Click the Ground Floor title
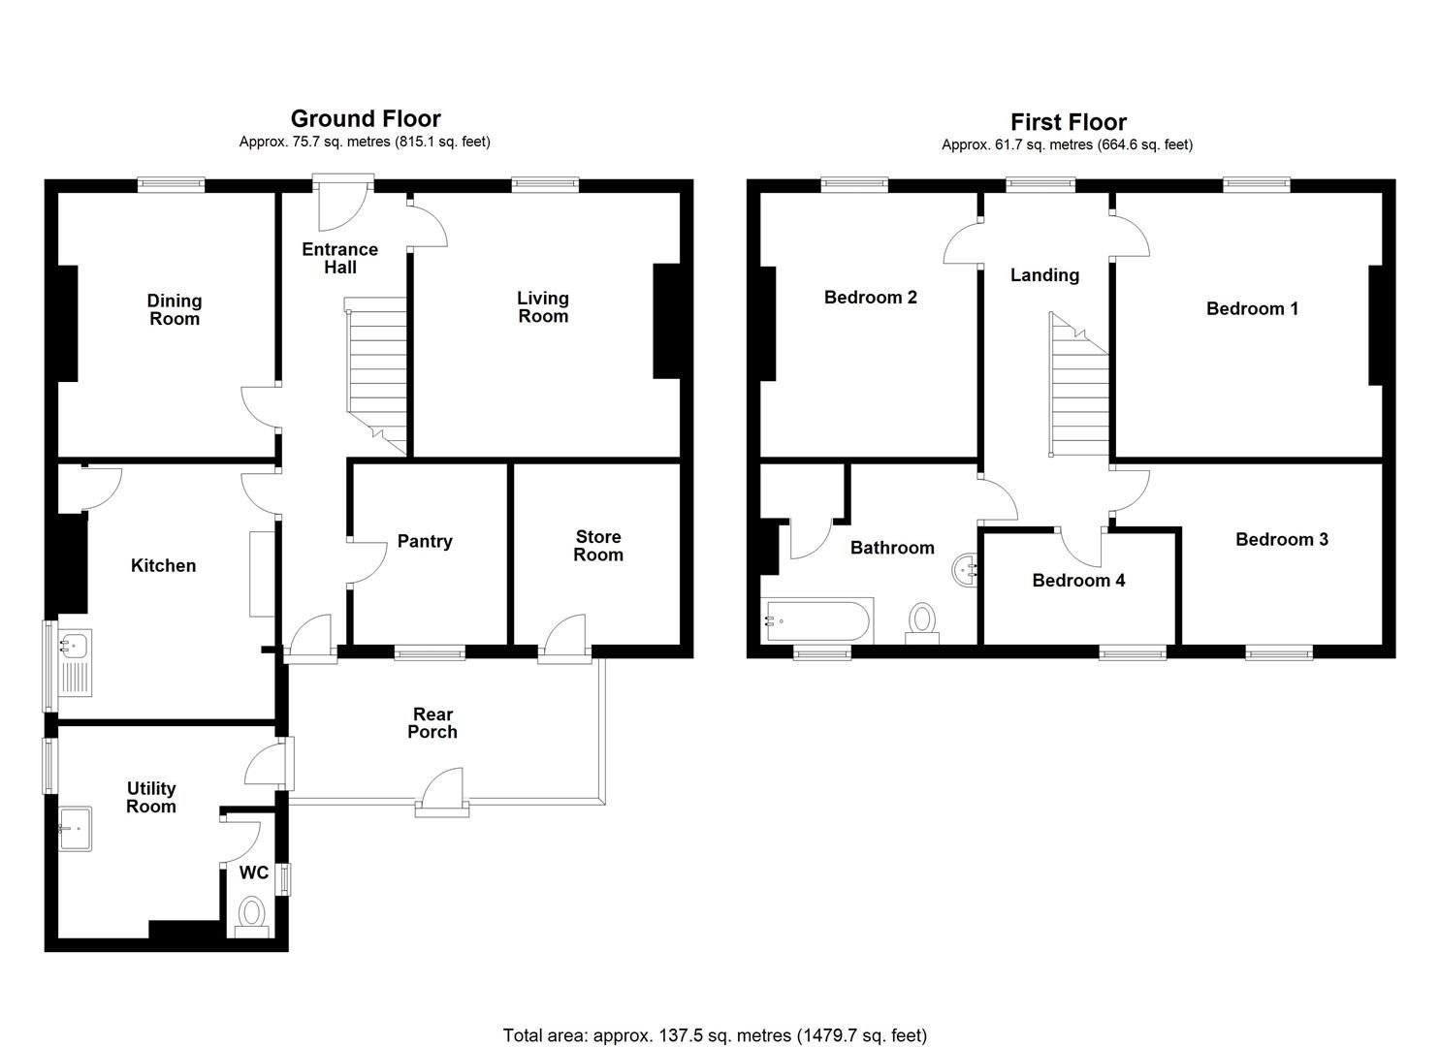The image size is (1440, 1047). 366,119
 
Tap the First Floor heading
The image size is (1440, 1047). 1068,122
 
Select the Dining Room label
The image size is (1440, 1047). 175,309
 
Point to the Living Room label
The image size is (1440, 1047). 542,307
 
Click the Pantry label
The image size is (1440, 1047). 425,541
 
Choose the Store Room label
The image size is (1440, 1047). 597,546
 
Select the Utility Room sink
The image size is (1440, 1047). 75,829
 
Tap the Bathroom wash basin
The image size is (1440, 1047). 967,570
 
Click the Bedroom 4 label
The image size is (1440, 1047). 1078,581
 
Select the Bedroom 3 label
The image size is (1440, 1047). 1281,539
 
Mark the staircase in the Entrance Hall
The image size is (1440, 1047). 376,373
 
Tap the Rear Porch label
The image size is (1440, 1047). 432,723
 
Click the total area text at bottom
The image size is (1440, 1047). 715,1034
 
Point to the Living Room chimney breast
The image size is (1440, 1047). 666,320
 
